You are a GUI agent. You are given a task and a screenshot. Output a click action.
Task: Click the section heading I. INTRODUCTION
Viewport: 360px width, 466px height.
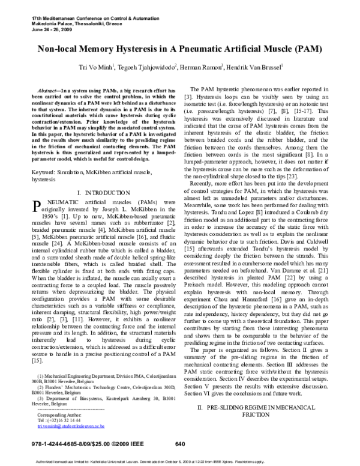[x=99, y=192]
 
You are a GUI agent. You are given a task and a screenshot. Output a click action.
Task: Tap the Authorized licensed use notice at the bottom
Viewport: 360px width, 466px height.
[x=179, y=461]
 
